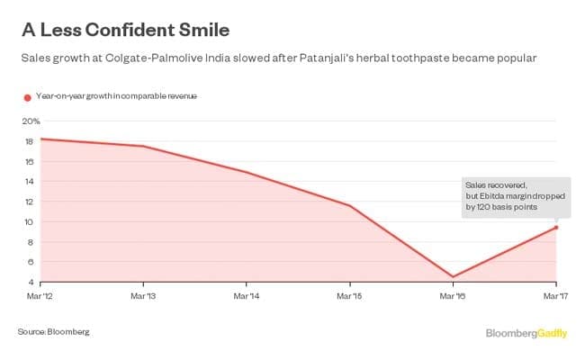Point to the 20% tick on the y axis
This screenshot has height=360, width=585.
(31, 121)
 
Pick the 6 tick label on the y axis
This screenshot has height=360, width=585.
(31, 262)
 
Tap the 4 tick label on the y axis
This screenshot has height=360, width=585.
(31, 282)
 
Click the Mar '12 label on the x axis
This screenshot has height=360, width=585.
(40, 294)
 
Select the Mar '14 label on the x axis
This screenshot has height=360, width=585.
(247, 294)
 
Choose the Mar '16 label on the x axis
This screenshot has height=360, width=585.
(453, 294)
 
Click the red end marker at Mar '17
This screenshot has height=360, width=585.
(556, 227)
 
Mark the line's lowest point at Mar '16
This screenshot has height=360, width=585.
(453, 276)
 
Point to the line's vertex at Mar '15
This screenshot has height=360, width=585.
(350, 206)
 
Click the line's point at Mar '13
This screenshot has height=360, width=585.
(144, 147)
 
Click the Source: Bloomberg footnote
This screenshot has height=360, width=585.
(54, 332)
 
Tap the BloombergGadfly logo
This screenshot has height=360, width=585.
(526, 334)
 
